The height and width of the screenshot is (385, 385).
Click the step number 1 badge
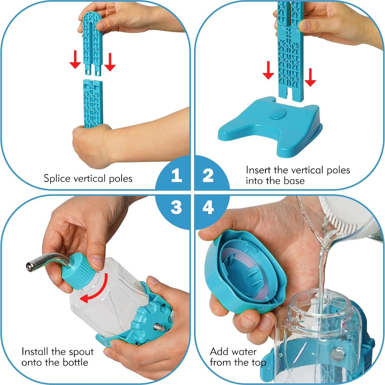(176, 176)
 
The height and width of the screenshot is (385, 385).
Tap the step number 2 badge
(208, 176)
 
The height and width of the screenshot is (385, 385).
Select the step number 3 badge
(176, 208)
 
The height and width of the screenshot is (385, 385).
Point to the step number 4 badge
(208, 208)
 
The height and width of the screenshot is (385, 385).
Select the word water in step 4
(245, 352)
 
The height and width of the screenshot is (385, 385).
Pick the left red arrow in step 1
(75, 59)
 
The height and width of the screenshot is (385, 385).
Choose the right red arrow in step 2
(310, 77)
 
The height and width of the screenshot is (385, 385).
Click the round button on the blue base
(278, 114)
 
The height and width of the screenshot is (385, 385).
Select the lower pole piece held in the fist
(93, 103)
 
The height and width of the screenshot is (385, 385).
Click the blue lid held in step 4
(245, 270)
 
